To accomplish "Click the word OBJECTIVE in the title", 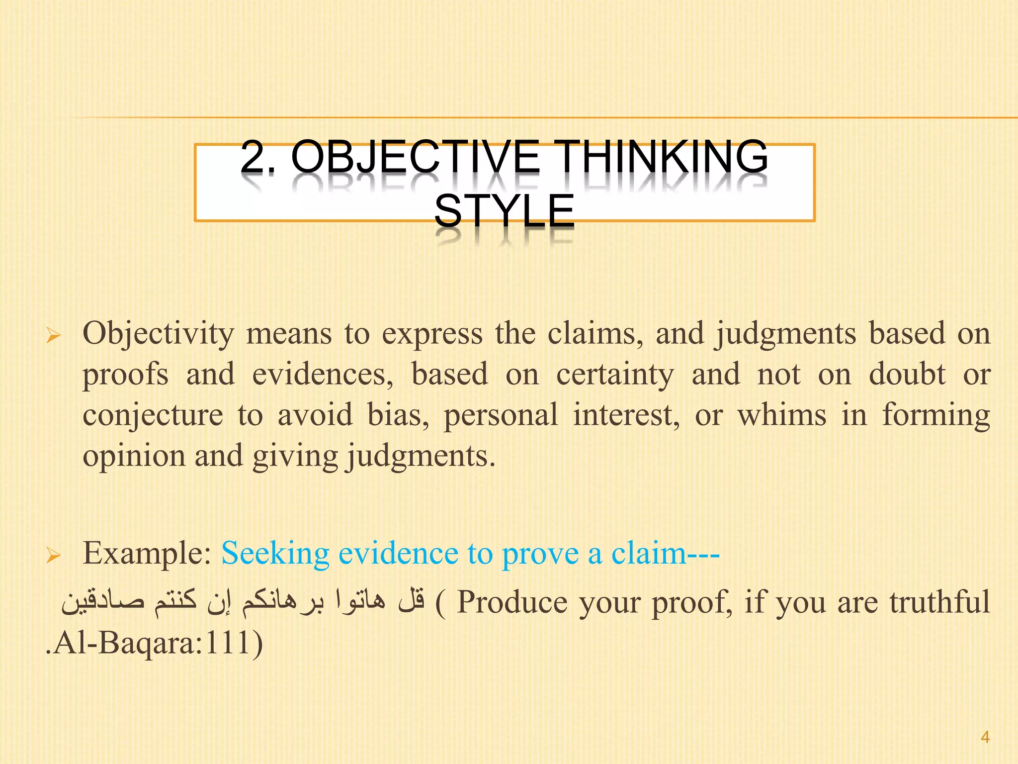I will click(415, 157).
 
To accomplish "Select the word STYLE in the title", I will click(504, 211).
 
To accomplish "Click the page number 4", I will click(985, 737).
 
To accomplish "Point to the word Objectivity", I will click(158, 334).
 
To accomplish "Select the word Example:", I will click(148, 553).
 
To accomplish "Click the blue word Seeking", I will click(275, 553).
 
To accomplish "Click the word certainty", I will click(615, 375).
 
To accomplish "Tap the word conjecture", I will click(153, 415).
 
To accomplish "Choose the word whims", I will click(781, 415).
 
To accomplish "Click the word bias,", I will click(398, 415).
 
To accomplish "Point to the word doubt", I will click(907, 375).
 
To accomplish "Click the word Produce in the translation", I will click(512, 602).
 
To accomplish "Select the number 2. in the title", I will click(257, 157).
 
